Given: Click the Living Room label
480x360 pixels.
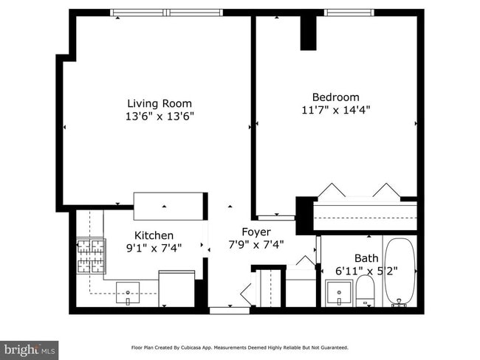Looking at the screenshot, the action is pos(160,104).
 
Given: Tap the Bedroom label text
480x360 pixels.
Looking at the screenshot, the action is pos(336,97).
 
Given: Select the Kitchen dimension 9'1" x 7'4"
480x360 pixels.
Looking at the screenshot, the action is pos(154,248).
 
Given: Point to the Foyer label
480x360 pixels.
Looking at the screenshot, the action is pos(256,232).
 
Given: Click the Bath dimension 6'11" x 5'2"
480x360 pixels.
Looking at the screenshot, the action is pos(366,271).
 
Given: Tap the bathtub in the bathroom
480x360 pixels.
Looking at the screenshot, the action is pos(400,271).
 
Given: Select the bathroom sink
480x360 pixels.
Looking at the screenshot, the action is pos(338,293).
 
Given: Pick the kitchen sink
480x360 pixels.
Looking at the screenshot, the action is pos(128,294).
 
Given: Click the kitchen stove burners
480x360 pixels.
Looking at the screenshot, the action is pos(91,256).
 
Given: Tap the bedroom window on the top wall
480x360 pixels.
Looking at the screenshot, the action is pos(349,13).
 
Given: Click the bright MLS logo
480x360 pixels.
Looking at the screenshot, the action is pos(29,350).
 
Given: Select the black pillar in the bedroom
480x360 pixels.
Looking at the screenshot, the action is pos(308,32).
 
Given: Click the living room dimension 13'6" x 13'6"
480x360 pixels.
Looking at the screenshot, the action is pos(160,117).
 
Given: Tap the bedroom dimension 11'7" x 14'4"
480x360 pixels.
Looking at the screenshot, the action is pos(336,110).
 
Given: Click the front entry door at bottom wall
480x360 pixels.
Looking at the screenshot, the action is pos(229,311).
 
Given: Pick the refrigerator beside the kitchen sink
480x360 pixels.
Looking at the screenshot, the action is pos(176,288).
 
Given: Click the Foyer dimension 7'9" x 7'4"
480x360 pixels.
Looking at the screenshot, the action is pos(256,245).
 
